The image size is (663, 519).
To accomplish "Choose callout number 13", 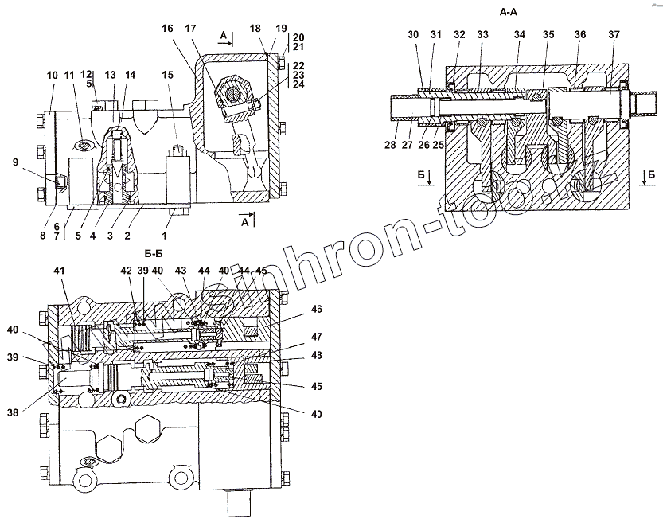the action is (111, 75).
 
